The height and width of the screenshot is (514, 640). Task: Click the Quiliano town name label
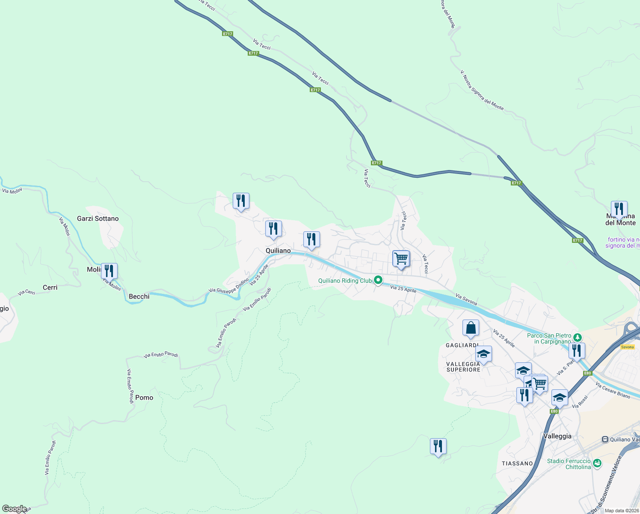(278, 251)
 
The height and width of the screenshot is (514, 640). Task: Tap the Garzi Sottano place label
(98, 218)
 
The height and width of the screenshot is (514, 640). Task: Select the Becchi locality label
(139, 296)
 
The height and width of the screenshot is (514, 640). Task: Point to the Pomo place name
(144, 397)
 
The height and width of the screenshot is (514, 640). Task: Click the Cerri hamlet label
(50, 287)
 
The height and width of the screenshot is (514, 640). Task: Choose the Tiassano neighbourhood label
(517, 463)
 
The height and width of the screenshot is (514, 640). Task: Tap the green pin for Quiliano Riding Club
(378, 281)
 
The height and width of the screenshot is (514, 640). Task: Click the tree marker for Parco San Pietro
(578, 338)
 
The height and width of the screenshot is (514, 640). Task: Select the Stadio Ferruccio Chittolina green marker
(597, 463)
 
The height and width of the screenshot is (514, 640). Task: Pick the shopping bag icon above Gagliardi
(471, 328)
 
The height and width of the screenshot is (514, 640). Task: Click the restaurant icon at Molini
(109, 271)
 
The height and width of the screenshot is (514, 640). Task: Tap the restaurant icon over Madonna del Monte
(619, 209)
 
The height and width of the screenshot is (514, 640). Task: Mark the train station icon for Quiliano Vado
(605, 439)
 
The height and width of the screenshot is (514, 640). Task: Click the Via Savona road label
(466, 299)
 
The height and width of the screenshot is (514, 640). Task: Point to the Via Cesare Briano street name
(613, 390)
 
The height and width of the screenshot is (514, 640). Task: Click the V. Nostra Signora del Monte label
(482, 90)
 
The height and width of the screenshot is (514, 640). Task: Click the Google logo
(15, 509)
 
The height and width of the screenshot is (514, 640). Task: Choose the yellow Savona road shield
(627, 347)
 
